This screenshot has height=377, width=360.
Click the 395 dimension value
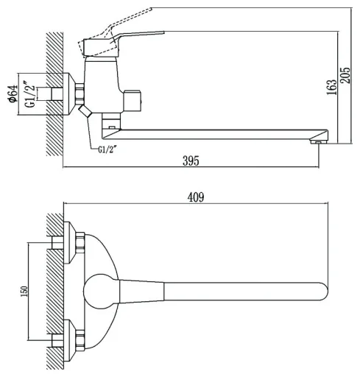[x=191, y=161]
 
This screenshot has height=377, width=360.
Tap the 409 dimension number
[x=196, y=197]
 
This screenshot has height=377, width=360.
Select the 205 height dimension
[x=346, y=75]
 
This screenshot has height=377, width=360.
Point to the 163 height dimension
[x=331, y=88]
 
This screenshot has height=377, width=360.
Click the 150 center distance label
[x=24, y=291]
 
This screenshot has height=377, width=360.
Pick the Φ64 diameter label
[x=13, y=94]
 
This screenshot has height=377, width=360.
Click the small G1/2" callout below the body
[x=107, y=149]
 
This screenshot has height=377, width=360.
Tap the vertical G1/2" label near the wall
[x=30, y=94]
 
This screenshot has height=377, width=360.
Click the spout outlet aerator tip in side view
[x=319, y=141]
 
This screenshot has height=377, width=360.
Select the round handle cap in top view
[x=102, y=291]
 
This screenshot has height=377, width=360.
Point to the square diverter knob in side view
[x=132, y=101]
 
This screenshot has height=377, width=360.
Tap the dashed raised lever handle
[x=114, y=32]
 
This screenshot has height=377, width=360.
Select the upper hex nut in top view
[x=80, y=243]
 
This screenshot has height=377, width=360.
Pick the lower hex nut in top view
[x=80, y=340]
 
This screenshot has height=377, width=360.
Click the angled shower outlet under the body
[x=85, y=111]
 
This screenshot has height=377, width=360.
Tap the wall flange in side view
[x=69, y=94]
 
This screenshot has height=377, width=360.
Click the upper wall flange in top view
[x=70, y=243]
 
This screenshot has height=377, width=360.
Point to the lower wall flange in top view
[x=70, y=340]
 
